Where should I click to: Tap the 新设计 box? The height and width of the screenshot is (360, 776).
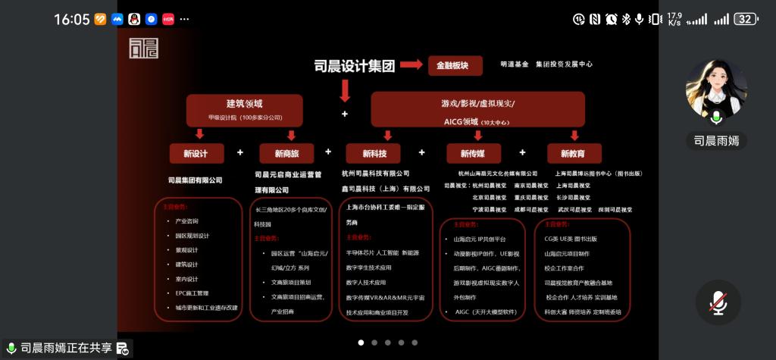click(199, 153)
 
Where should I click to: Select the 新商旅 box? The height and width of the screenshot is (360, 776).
click(286, 154)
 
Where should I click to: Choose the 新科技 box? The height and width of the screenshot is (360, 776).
click(373, 154)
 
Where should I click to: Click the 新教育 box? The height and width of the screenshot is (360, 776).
click(574, 154)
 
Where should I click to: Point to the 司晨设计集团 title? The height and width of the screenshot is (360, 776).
click(355, 66)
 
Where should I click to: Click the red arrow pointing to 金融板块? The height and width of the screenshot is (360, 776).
click(411, 65)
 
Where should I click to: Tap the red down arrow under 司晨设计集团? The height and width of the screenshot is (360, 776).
click(345, 91)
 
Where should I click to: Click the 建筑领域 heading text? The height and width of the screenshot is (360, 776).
click(244, 104)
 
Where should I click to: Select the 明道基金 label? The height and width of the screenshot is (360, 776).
click(515, 66)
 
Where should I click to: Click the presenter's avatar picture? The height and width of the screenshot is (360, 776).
click(716, 90)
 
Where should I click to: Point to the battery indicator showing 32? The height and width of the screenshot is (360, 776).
click(745, 19)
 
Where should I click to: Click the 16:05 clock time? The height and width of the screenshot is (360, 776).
click(72, 19)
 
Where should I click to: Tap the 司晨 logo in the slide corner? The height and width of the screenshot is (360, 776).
click(144, 48)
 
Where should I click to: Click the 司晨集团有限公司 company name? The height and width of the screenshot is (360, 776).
click(196, 180)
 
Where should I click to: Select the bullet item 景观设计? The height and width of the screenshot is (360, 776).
click(186, 250)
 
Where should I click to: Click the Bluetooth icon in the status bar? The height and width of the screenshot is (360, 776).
click(626, 19)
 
